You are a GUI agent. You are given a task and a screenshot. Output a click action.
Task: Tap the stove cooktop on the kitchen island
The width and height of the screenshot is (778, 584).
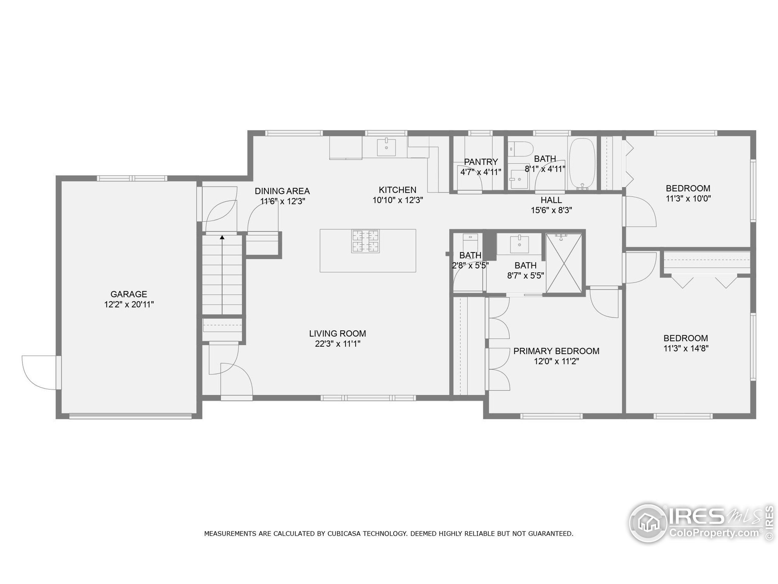point(365,241)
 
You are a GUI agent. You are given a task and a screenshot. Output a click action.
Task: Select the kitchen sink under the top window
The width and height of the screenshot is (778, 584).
point(386,147)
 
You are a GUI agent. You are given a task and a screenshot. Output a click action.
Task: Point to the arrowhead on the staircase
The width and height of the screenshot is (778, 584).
point(222,238)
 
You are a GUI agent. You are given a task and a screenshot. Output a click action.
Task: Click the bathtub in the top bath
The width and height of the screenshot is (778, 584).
point(582,163)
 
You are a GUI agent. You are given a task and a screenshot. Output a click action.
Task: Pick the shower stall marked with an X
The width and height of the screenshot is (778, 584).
point(564,263)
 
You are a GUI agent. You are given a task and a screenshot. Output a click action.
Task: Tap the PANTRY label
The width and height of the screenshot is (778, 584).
point(481,162)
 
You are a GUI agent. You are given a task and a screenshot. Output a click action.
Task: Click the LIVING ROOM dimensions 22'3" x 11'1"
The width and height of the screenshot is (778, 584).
point(338,344)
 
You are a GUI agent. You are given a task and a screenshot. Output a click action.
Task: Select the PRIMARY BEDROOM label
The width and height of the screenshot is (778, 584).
point(556,351)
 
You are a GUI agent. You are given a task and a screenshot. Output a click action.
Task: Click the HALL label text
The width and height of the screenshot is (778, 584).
point(551,200)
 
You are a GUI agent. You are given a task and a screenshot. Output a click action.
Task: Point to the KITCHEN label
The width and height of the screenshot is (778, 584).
point(398,190)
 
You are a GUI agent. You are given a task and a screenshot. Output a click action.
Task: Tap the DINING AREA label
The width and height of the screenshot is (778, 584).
point(282,191)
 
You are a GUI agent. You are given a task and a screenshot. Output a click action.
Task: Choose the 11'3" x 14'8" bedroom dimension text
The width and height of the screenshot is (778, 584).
point(686,349)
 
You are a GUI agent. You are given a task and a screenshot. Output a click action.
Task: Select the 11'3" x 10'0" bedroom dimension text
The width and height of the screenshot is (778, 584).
point(688,199)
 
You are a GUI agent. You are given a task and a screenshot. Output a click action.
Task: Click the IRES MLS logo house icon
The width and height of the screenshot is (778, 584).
point(648,523)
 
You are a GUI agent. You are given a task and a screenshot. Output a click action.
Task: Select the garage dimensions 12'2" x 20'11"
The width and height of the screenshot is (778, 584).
point(129,304)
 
